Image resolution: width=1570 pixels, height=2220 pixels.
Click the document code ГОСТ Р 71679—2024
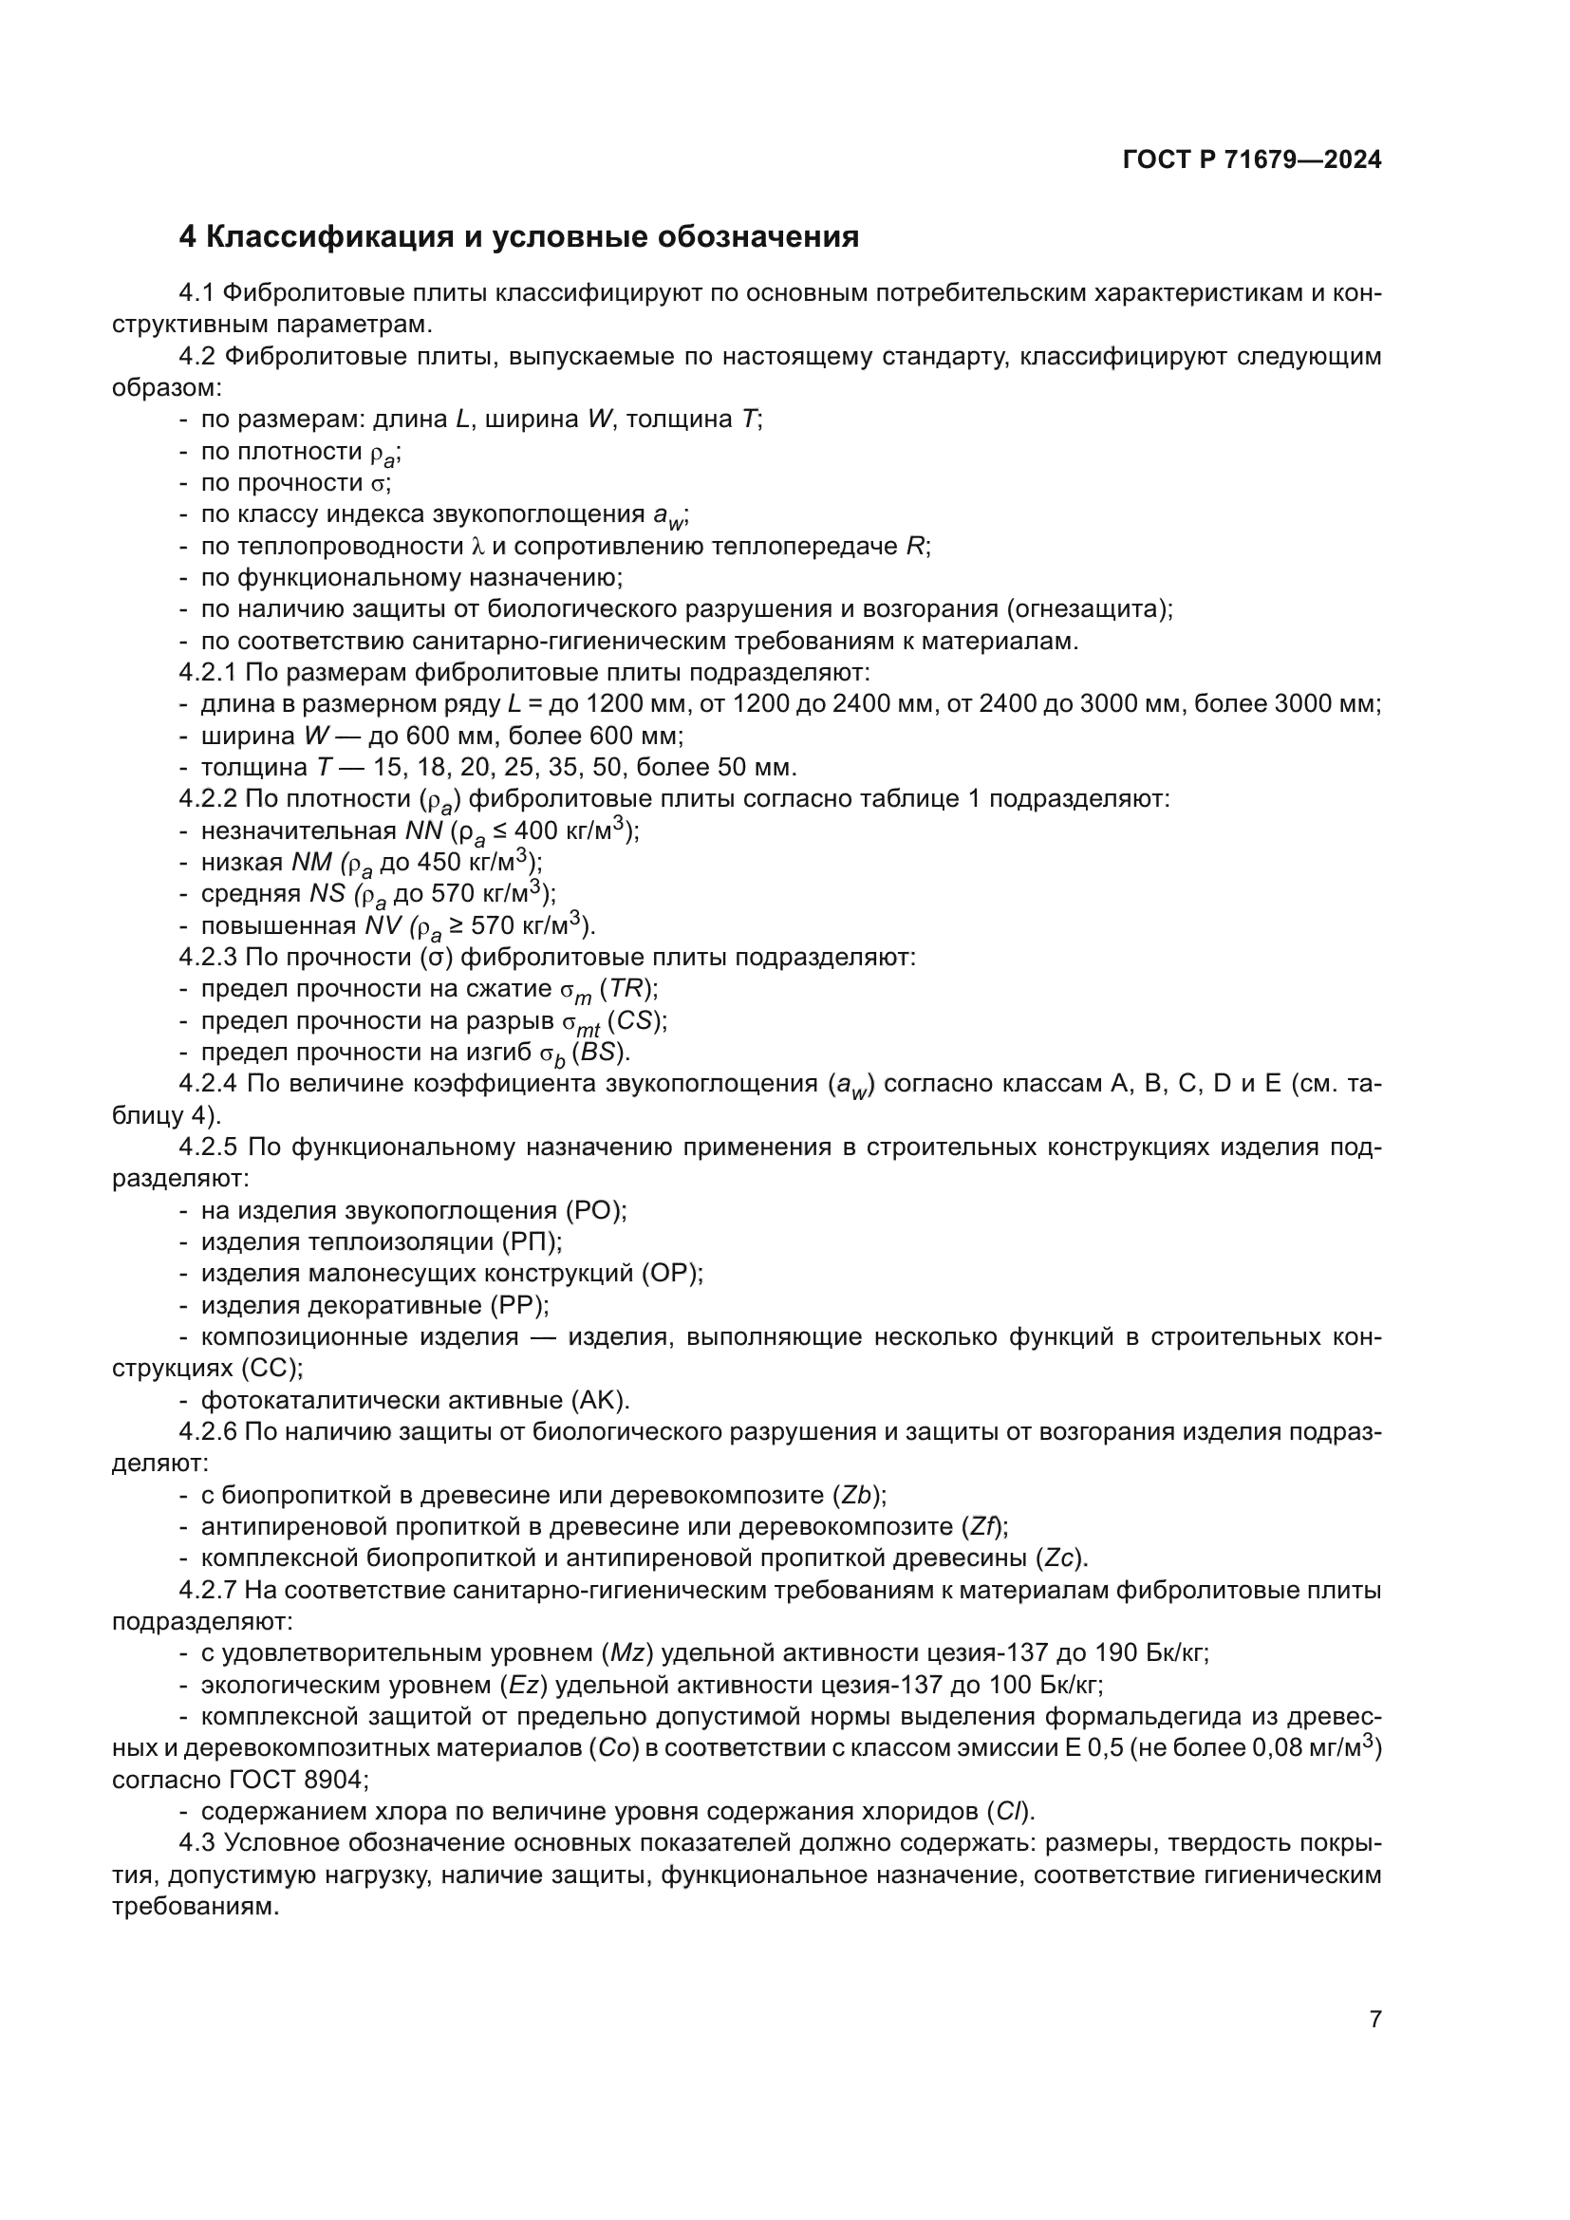1252,160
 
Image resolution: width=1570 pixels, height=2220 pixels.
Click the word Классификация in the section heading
329,237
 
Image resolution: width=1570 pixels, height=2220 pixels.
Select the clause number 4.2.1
209,672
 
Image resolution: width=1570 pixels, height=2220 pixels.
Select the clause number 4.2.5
209,1147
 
